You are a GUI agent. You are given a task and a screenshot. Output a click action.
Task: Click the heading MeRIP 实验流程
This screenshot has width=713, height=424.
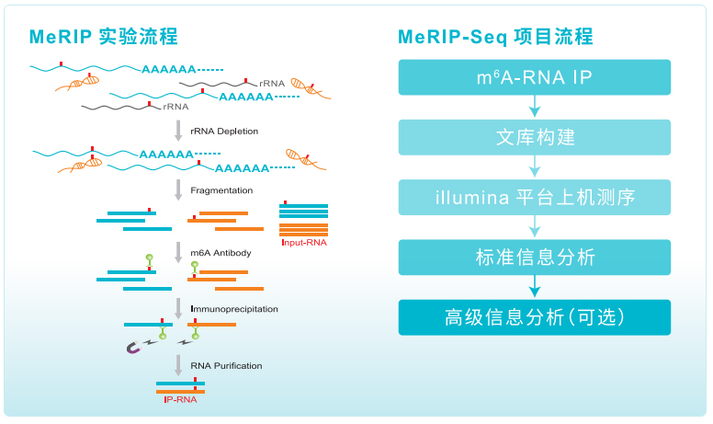point(104,37)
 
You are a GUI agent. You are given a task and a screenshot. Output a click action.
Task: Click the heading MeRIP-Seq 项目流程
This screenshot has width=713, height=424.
point(495,37)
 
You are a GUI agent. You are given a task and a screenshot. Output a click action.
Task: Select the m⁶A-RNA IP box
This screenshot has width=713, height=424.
point(534,77)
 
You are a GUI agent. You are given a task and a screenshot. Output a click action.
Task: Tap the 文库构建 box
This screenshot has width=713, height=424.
point(534,137)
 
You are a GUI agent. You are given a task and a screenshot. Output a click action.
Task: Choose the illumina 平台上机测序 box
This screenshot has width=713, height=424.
point(534,197)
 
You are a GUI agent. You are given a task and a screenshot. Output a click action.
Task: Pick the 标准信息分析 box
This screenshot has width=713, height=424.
point(534,258)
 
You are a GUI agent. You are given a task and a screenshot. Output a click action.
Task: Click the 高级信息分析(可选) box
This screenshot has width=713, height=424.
point(534,317)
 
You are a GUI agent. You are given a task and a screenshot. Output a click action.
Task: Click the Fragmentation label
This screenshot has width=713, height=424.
point(221,191)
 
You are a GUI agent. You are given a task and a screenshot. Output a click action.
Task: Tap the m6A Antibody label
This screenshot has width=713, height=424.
point(221,252)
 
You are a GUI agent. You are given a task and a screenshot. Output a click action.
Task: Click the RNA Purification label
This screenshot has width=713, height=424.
point(226,366)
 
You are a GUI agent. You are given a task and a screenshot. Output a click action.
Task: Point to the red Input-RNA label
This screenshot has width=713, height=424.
point(302,243)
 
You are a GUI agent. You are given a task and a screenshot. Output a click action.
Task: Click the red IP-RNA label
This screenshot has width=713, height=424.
point(179,400)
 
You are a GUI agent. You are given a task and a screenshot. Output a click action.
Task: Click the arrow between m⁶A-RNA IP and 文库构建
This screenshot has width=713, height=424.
point(534,107)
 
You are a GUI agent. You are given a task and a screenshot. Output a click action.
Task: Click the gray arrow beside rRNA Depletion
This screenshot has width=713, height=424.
point(178,132)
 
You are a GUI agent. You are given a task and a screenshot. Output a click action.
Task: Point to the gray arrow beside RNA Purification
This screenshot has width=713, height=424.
point(178,365)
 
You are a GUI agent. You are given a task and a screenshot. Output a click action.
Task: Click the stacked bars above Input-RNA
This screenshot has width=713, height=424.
point(303,219)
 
